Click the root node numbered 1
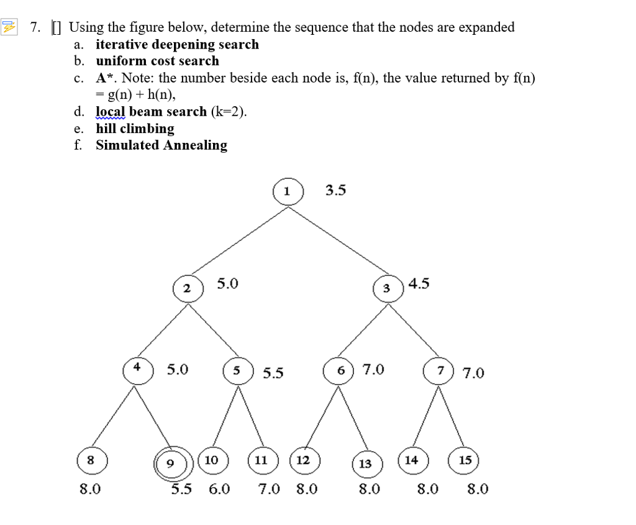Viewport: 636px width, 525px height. point(287,191)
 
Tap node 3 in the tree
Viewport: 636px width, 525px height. point(387,288)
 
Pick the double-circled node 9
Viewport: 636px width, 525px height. point(170,463)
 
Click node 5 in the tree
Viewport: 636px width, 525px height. point(237,371)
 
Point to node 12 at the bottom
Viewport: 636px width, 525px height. point(303,460)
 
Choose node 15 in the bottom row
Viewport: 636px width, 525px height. point(465,460)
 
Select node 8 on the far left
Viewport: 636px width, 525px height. point(91,460)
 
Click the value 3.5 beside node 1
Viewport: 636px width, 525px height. point(335,190)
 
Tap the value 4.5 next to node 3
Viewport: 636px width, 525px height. point(419,284)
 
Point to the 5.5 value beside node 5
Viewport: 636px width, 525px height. point(273,373)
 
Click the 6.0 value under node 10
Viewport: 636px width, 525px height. point(219,489)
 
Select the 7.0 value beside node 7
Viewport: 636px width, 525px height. point(473,373)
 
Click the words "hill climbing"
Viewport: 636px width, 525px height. point(135,129)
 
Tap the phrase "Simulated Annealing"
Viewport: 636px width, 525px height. point(161,145)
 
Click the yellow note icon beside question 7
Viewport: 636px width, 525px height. point(9,27)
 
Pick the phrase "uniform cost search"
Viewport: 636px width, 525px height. point(157,61)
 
